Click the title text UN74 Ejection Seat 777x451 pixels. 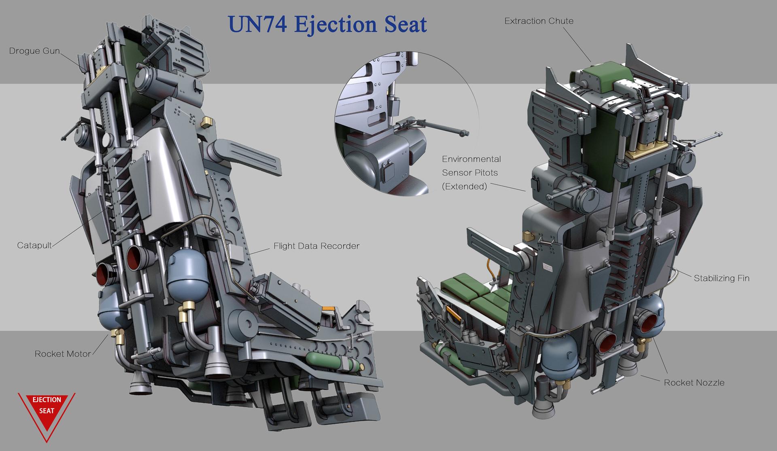pyautogui.click(x=327, y=24)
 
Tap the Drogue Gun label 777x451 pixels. pyautogui.click(x=34, y=51)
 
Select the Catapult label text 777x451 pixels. pyautogui.click(x=34, y=245)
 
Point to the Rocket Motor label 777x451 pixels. pyautogui.click(x=63, y=354)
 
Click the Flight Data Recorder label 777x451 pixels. pyautogui.click(x=316, y=246)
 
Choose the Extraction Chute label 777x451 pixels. pyautogui.click(x=539, y=21)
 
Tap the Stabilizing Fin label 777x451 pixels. pyautogui.click(x=722, y=278)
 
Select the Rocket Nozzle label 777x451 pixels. pyautogui.click(x=694, y=383)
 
